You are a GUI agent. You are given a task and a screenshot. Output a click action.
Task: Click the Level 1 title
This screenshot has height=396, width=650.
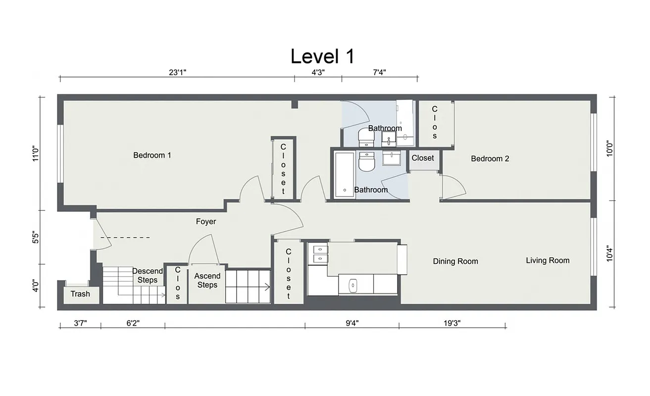pos(322,56)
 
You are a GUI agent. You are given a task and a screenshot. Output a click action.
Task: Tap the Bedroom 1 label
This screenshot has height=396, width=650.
pos(152,155)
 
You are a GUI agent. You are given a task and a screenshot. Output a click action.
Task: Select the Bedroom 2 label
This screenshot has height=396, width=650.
pos(490,159)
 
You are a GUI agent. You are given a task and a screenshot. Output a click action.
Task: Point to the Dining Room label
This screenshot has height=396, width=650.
pos(455,261)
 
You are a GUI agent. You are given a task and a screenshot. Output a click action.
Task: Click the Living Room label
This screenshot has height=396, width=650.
pos(548,260)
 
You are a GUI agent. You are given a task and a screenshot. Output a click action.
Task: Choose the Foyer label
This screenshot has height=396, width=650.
pos(206,222)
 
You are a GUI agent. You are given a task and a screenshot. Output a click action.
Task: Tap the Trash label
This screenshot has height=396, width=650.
pos(80,294)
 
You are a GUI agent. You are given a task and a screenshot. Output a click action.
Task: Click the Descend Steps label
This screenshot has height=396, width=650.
pos(148,276)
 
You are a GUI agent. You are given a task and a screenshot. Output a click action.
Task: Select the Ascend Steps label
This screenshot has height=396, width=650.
pos(207,280)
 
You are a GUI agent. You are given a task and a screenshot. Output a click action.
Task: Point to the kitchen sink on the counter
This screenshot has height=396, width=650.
pos(353,285)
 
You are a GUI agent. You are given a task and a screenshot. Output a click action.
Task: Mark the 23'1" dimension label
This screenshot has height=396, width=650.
pos(177,72)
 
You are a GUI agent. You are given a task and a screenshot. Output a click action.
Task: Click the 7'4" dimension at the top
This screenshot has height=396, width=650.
pos(379,72)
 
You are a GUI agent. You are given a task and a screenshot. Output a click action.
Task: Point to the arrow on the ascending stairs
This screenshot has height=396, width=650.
pos(266,286)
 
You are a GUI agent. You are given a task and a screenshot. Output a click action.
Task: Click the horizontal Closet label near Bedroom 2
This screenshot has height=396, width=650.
pos(423,158)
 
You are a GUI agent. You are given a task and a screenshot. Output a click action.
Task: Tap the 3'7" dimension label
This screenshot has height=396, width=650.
pos(80,323)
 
